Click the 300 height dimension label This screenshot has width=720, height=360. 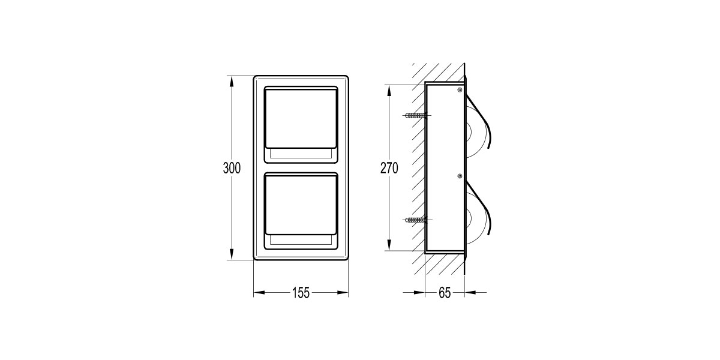point(232,168)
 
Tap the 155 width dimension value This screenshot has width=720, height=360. point(301,293)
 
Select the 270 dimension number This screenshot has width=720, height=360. point(389,168)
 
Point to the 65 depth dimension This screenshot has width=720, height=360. point(445,293)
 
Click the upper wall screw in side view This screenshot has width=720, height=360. point(416,115)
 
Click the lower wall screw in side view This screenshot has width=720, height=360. point(416,220)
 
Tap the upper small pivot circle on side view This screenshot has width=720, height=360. point(460,90)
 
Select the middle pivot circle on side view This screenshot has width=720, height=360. point(460,176)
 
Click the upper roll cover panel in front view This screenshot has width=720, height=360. point(301,118)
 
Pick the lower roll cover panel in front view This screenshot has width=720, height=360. point(301,205)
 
